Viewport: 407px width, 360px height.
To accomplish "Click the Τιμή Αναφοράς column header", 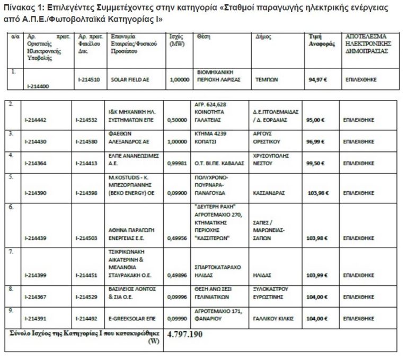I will [x=322, y=40].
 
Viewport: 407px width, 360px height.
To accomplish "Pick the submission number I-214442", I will [x=35, y=120].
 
